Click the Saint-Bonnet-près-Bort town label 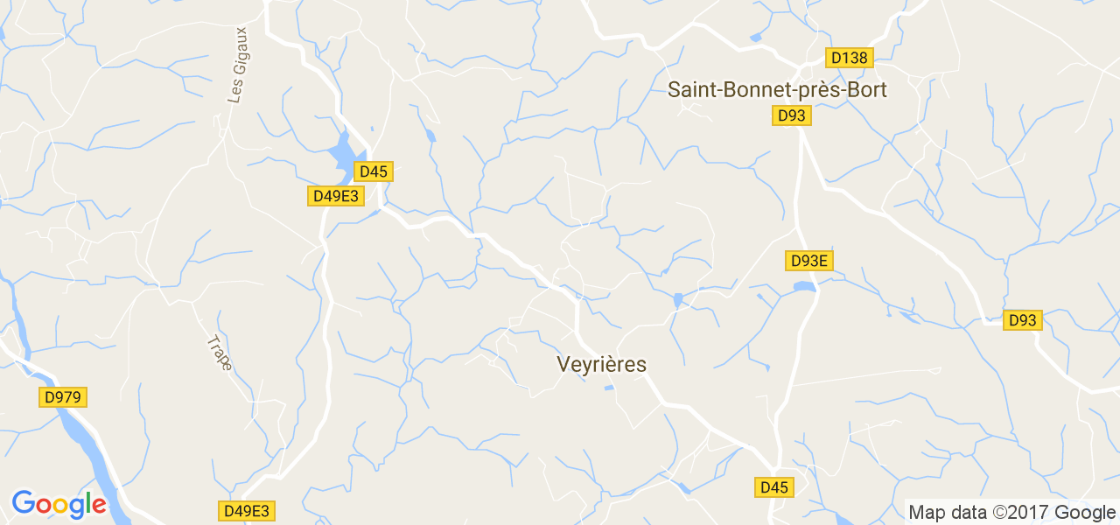click(x=777, y=89)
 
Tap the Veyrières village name click(x=601, y=365)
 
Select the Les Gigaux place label click(x=237, y=77)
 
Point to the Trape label click(x=220, y=353)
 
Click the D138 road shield click(x=849, y=58)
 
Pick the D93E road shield click(x=808, y=260)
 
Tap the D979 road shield click(x=64, y=397)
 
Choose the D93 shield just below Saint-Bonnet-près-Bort click(x=792, y=115)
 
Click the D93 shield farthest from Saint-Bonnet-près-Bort click(x=1021, y=320)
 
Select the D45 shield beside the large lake click(x=374, y=171)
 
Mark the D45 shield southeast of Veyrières click(x=774, y=487)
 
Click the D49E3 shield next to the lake click(x=336, y=196)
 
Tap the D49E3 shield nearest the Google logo click(x=247, y=510)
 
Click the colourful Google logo click(x=59, y=504)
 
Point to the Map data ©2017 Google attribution click(x=1011, y=512)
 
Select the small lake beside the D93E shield click(x=803, y=286)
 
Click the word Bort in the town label click(x=867, y=89)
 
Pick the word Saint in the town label click(x=691, y=89)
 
